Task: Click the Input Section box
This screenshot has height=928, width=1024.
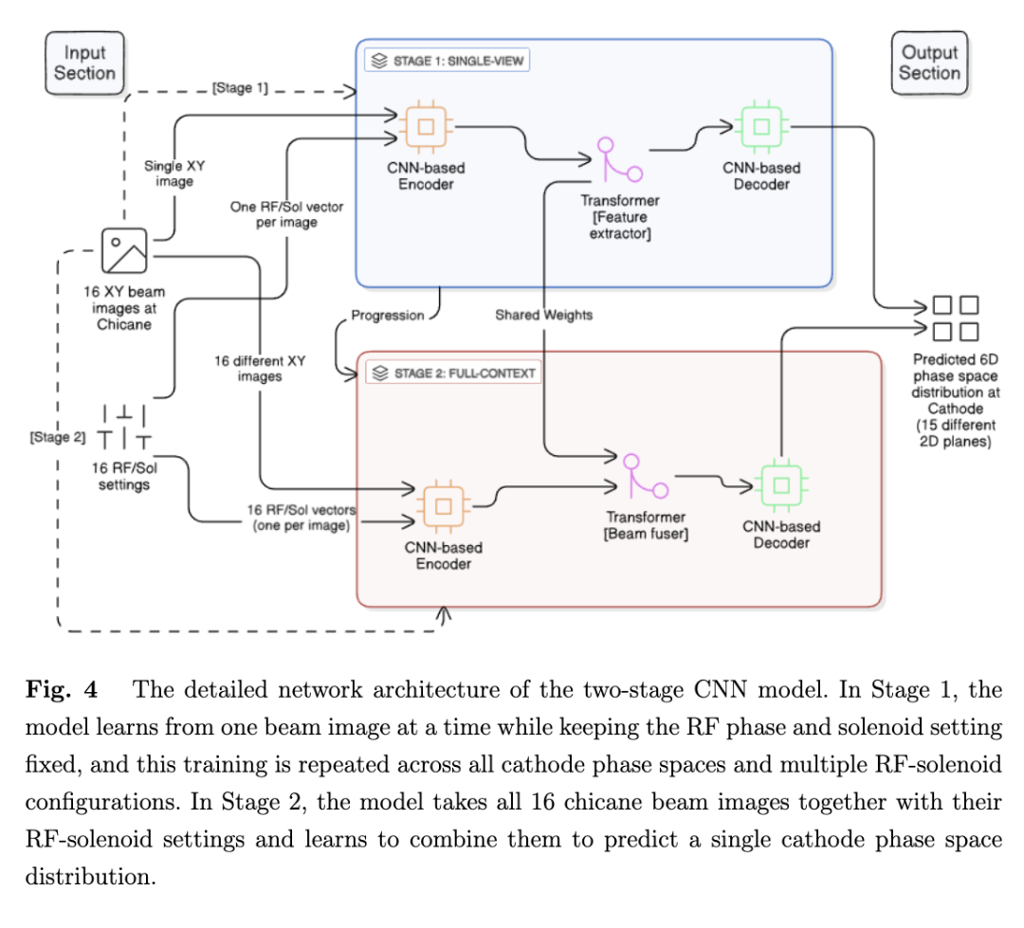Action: pos(83,63)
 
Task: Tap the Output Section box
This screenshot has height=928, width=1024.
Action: pos(929,63)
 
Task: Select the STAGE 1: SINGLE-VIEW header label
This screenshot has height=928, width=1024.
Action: pos(447,62)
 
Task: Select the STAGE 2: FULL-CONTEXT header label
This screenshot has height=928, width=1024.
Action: pos(452,373)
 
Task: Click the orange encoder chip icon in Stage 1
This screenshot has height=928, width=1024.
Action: pos(427,126)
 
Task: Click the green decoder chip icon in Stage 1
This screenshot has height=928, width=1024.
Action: pos(761,126)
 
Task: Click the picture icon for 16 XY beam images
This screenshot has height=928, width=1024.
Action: pos(124,251)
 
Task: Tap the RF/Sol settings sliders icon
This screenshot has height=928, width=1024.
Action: pos(124,427)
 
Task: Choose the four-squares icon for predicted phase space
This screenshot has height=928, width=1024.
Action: pos(955,318)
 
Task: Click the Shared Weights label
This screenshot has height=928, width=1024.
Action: pos(543,315)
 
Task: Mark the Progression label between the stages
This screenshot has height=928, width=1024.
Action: pos(388,315)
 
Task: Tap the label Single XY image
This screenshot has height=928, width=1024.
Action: pos(174,173)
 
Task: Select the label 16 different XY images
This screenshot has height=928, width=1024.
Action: pos(259,368)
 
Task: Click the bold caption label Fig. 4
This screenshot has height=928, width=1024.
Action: pos(56,690)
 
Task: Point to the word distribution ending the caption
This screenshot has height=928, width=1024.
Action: pos(89,876)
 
